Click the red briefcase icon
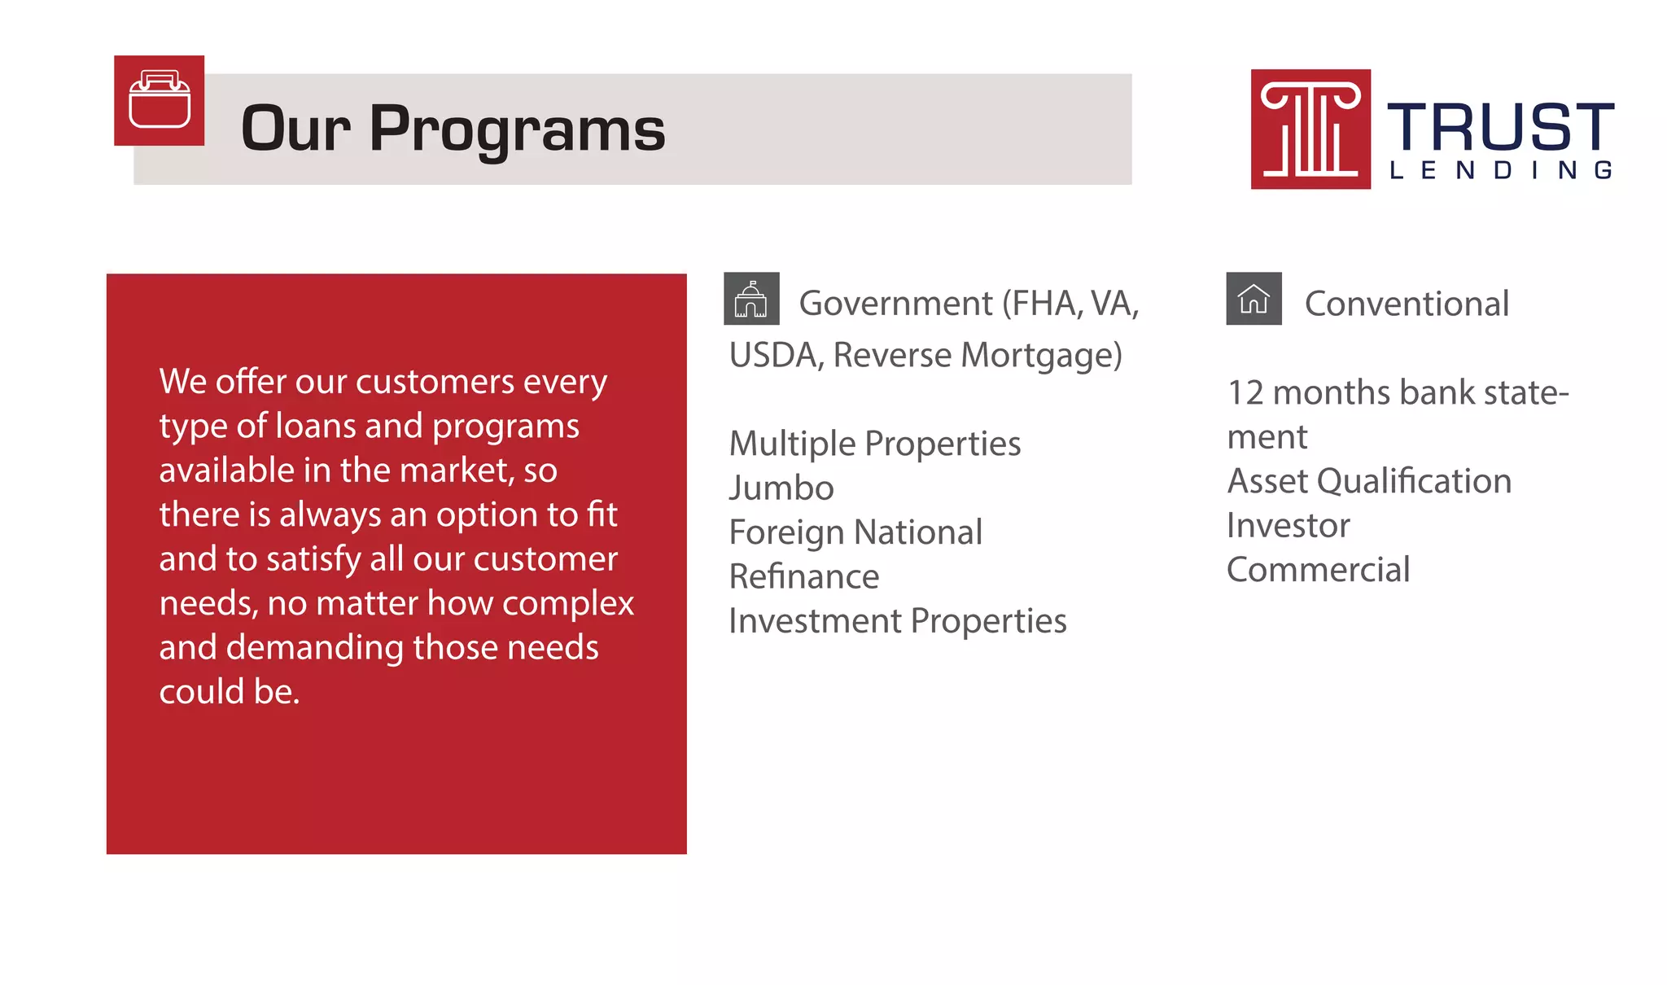click(159, 101)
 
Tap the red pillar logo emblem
click(1310, 129)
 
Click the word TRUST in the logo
click(1500, 126)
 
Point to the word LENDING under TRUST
click(1500, 170)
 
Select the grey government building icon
click(751, 299)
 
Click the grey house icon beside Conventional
click(1254, 299)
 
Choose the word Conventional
click(1407, 304)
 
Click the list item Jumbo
click(781, 488)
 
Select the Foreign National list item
click(855, 532)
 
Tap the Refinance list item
click(804, 577)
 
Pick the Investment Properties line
click(897, 621)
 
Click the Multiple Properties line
click(874, 444)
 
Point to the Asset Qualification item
click(1369, 481)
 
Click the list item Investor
click(1288, 525)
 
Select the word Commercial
click(1318, 570)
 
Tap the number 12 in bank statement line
click(1245, 393)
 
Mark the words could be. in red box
click(230, 692)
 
